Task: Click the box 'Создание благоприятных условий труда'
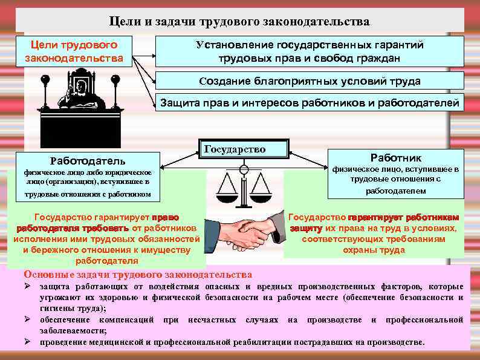[x=310, y=81]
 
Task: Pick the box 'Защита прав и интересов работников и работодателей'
[x=310, y=102]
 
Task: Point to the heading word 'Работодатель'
[x=88, y=161]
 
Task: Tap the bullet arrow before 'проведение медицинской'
[x=27, y=342]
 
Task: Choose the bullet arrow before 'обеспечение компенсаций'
[x=27, y=319]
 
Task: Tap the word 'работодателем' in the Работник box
[x=396, y=191]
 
